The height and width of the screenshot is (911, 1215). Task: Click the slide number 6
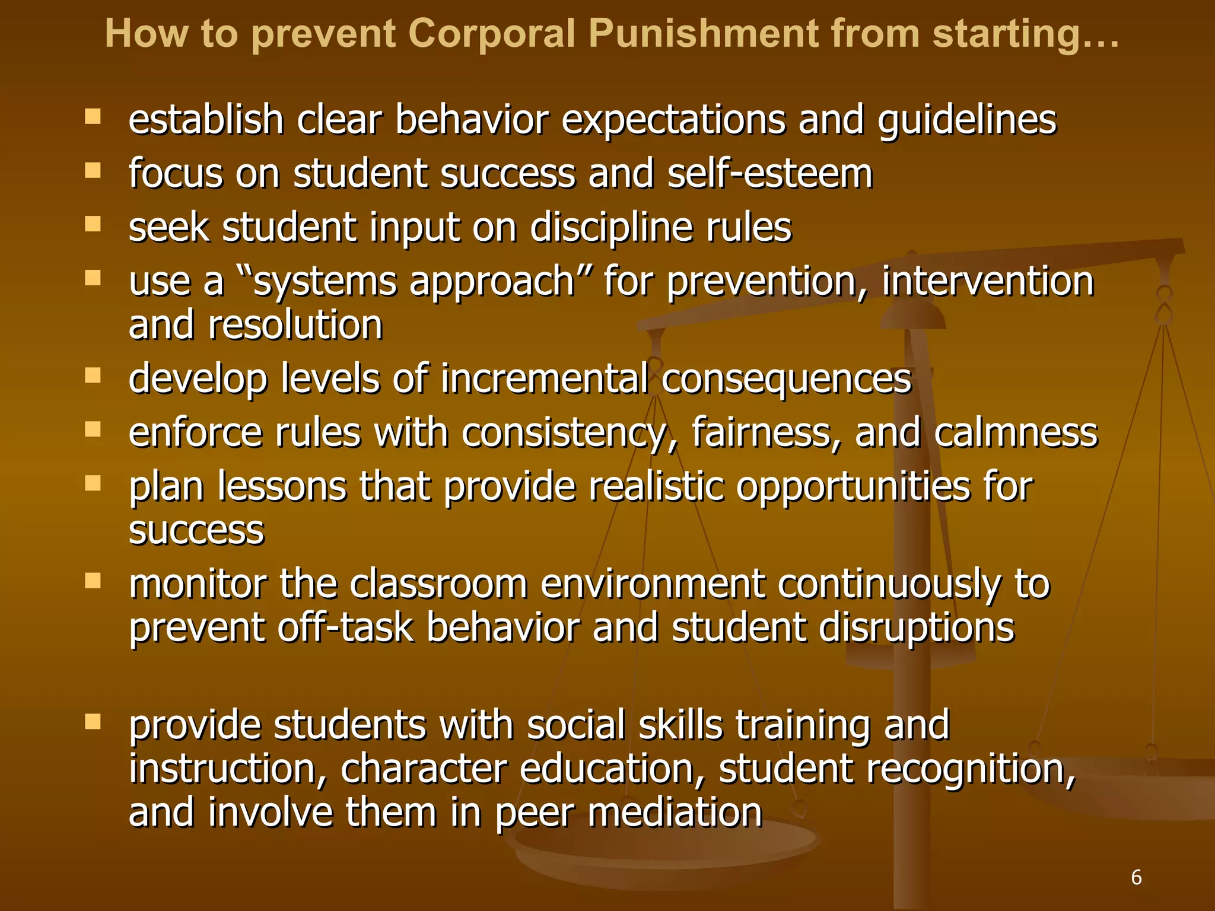1136,877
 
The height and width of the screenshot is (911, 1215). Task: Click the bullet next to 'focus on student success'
93,171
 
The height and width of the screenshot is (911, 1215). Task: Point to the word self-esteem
769,174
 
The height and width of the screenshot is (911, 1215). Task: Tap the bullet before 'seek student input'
93,224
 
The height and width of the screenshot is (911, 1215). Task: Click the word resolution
295,325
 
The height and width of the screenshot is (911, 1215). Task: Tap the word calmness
1016,432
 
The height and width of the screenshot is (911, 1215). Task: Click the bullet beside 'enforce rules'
93,429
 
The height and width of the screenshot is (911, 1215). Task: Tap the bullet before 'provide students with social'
93,721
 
